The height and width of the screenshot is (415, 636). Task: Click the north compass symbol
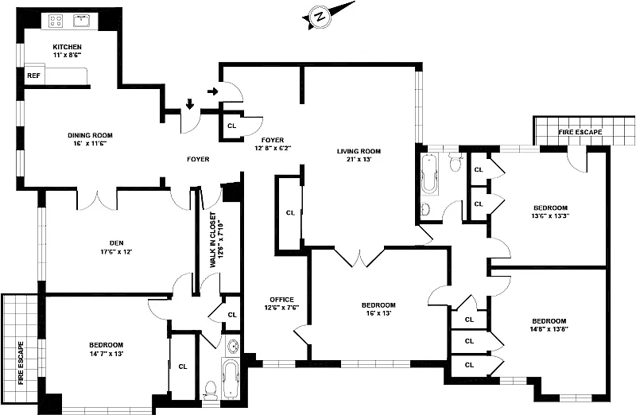pyautogui.click(x=320, y=16)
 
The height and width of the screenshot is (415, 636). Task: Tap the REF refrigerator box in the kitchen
pyautogui.click(x=34, y=76)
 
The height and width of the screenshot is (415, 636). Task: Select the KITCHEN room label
pyautogui.click(x=67, y=47)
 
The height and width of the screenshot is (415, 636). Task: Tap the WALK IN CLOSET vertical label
pyautogui.click(x=212, y=239)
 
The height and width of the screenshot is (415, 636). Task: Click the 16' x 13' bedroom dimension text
pyautogui.click(x=378, y=314)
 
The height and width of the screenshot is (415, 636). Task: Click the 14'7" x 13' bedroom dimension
pyautogui.click(x=106, y=353)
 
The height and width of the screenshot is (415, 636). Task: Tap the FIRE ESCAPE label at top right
pyautogui.click(x=580, y=132)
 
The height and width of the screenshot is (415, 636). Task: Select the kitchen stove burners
pyautogui.click(x=56, y=20)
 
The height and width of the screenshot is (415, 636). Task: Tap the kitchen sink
pyautogui.click(x=82, y=19)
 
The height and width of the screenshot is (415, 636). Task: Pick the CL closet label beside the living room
pyautogui.click(x=290, y=212)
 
